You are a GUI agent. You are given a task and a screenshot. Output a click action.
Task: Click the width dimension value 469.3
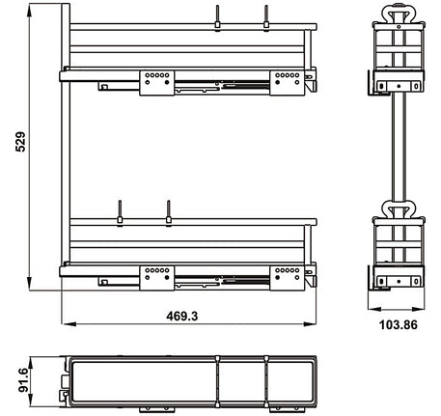pos(184,317)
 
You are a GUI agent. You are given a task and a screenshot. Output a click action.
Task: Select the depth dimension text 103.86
pos(397,325)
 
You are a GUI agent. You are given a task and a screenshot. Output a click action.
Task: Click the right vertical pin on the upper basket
pos(264,16)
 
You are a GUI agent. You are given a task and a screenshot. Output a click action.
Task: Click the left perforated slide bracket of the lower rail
pos(156,276)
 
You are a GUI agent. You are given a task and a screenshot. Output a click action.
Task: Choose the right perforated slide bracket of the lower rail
pos(286,276)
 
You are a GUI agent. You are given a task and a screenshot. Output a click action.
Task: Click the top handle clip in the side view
pos(397,14)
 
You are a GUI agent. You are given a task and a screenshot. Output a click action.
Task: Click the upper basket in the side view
pos(397,58)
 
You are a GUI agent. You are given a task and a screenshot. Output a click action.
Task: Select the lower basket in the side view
pos(397,253)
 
